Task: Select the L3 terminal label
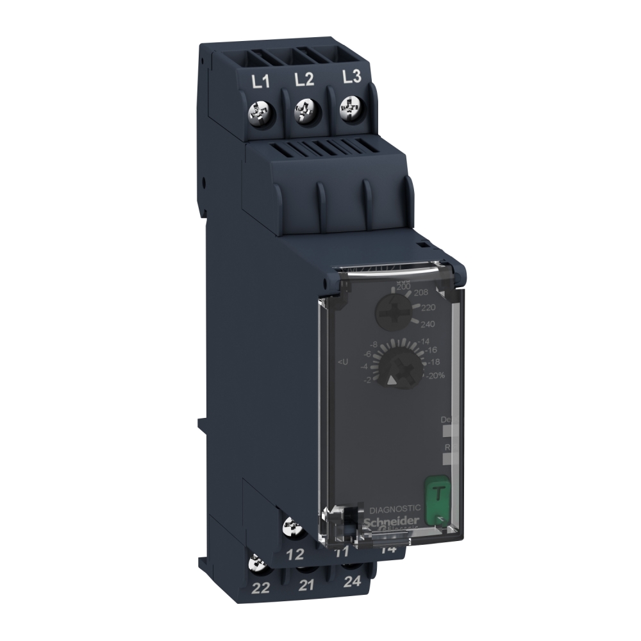[352, 77]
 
